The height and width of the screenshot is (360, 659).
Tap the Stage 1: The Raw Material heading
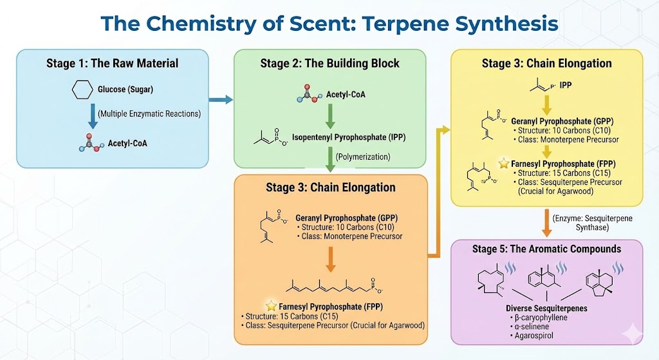112,63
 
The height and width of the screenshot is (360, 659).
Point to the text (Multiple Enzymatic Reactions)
149,114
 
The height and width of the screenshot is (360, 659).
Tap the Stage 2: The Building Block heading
329,63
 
